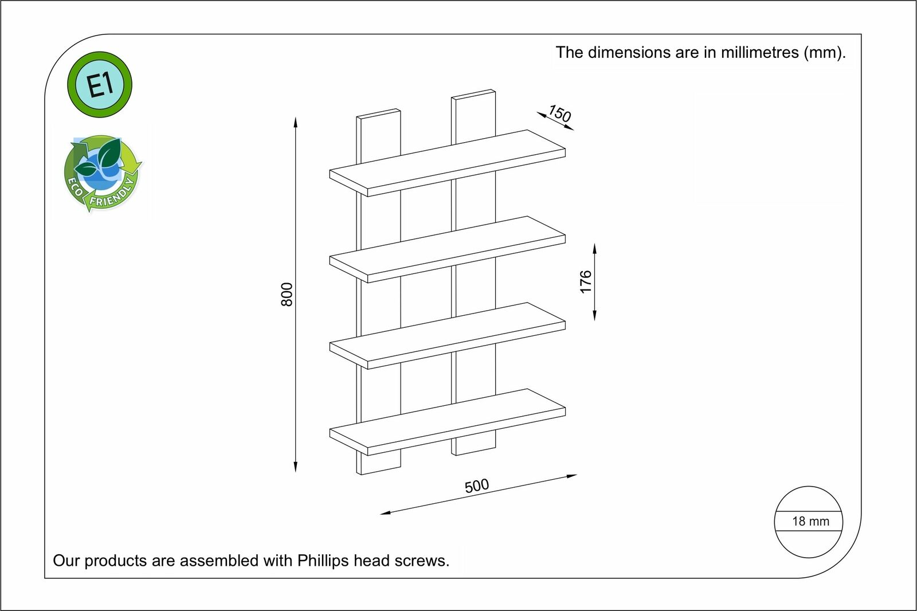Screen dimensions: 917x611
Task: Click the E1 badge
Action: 100,85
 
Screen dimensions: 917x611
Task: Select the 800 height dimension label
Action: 287,295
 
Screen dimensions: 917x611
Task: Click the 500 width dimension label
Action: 477,485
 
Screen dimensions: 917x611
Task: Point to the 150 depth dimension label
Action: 559,113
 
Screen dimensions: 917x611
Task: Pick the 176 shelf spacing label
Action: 586,282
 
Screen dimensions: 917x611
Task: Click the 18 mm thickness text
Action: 810,522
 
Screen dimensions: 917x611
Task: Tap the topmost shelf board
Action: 448,163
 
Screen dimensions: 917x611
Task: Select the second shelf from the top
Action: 448,249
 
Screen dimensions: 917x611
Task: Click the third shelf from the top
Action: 448,336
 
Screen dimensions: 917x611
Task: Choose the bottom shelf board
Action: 448,422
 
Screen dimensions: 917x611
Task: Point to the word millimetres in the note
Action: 760,52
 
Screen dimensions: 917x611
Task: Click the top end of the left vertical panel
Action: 378,113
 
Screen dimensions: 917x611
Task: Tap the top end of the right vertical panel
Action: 473,94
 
